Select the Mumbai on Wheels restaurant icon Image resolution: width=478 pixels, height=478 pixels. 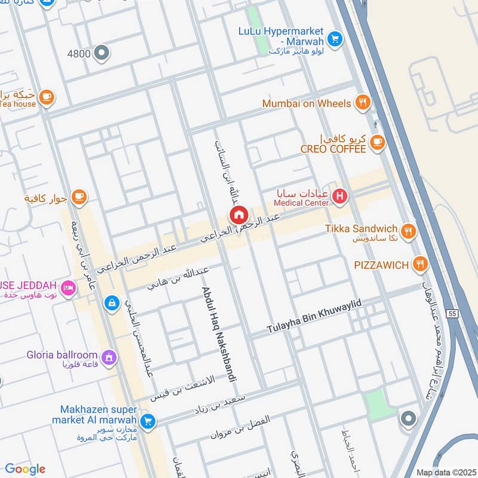pos(361,103)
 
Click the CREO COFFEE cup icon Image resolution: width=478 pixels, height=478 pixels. pos(376,141)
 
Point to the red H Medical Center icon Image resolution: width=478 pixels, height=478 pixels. pos(340,195)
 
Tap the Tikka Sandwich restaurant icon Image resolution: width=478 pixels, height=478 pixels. pos(408,231)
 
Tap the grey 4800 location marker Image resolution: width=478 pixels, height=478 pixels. pos(102,53)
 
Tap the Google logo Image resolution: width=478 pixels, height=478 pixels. pos(25,469)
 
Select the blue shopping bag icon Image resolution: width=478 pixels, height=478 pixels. pos(111,304)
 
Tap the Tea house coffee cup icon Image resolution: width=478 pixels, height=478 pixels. pos(47,96)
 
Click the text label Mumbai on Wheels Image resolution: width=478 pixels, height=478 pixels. pos(307,103)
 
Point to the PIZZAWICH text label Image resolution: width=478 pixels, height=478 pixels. pos(380,265)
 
